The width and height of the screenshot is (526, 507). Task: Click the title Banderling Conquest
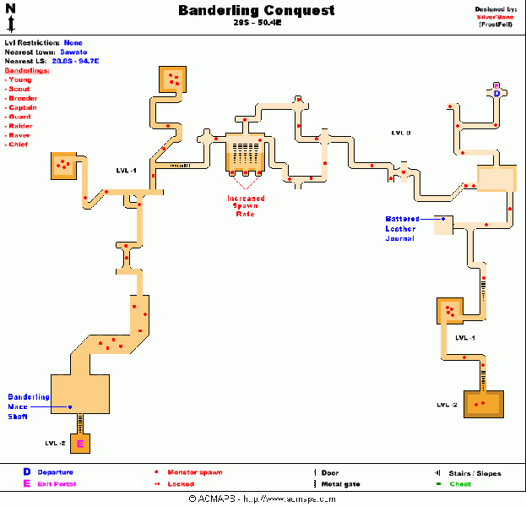pyautogui.click(x=256, y=11)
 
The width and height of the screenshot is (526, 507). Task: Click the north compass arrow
pyautogui.click(x=10, y=17)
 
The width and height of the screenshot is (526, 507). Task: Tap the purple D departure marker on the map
pyautogui.click(x=496, y=93)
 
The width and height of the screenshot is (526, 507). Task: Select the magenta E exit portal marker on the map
pyautogui.click(x=80, y=444)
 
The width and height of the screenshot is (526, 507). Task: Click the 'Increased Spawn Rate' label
pyautogui.click(x=245, y=206)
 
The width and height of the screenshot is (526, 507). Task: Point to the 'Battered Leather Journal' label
pyautogui.click(x=402, y=228)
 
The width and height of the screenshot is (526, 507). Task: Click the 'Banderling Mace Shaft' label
pyautogui.click(x=29, y=406)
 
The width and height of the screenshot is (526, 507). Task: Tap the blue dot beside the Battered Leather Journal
pyautogui.click(x=442, y=219)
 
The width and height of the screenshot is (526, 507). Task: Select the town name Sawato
pyautogui.click(x=73, y=52)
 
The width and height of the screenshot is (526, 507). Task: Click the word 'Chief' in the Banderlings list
pyautogui.click(x=19, y=144)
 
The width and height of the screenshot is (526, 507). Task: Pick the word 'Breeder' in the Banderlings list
pyautogui.click(x=23, y=98)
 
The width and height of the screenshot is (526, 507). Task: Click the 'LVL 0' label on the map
pyautogui.click(x=400, y=133)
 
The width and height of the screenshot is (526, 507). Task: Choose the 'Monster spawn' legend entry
pyautogui.click(x=195, y=472)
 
